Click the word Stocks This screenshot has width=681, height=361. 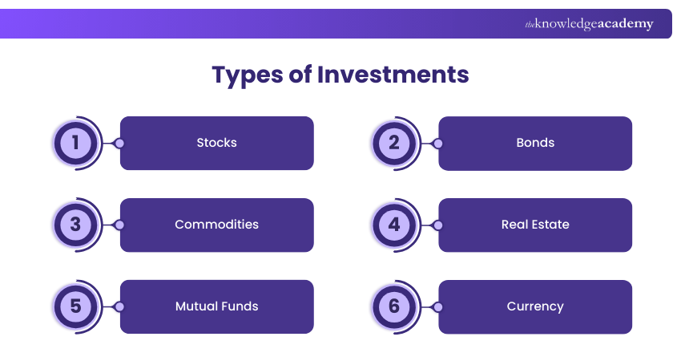216,143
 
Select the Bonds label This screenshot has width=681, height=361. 535,143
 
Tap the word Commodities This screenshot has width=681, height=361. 216,225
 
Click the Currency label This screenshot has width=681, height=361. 535,306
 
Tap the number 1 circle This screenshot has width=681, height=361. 76,143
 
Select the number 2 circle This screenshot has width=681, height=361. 394,143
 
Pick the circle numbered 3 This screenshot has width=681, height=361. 76,225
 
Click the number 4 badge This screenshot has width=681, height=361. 394,225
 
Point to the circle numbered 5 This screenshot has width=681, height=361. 76,306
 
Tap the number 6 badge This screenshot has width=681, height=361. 394,306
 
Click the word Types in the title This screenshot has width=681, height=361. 249,75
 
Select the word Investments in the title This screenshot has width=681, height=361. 393,75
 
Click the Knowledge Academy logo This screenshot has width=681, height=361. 589,24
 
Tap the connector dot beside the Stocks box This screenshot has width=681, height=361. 119,144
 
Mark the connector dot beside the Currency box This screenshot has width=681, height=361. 437,306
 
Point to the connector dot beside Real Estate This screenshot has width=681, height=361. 437,225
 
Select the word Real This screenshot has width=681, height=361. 514,225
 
